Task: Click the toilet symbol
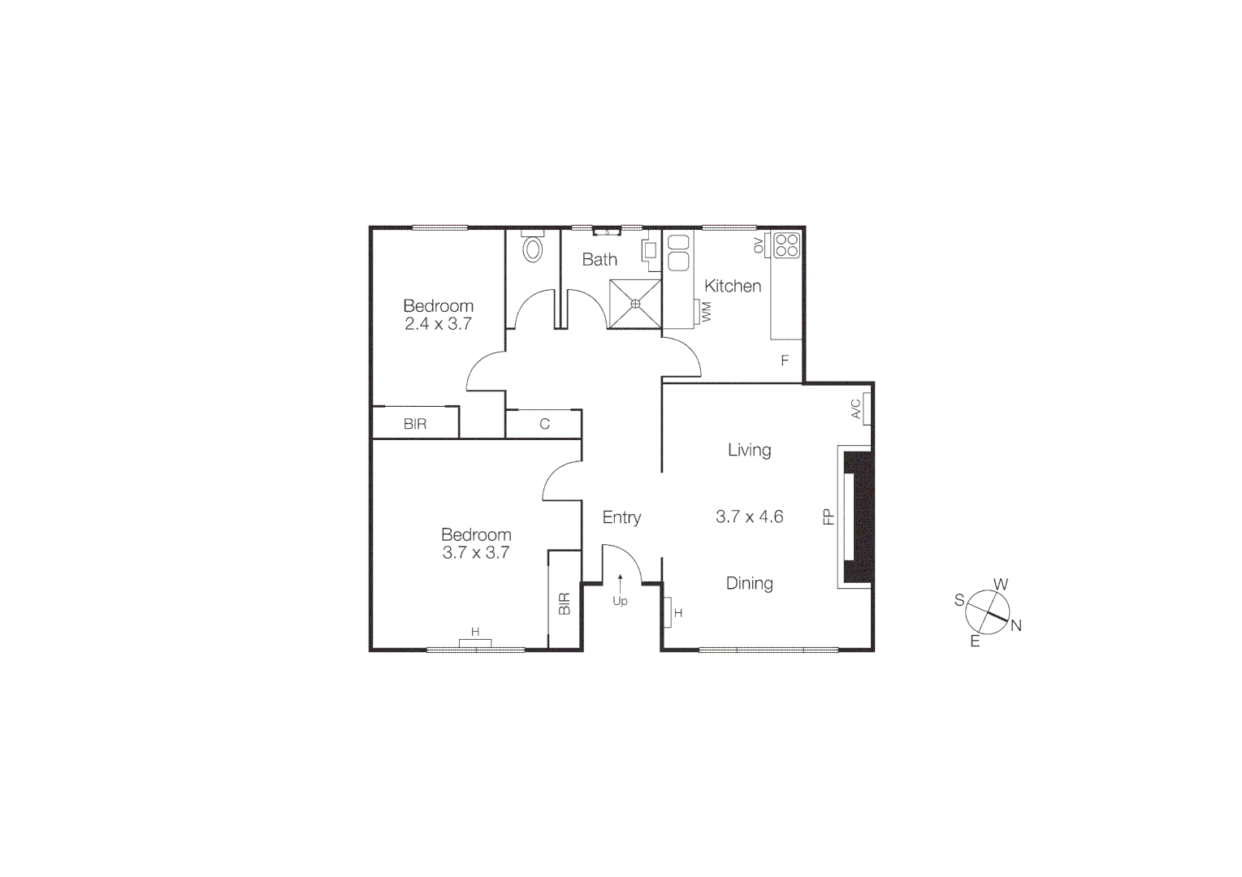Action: point(532,248)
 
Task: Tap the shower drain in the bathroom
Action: point(635,304)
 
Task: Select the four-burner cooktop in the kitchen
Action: point(786,245)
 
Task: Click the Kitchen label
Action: point(733,286)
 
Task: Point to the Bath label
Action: point(599,260)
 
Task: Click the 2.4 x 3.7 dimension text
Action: point(438,324)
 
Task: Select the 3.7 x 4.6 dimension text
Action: point(749,516)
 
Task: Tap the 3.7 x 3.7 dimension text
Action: point(475,553)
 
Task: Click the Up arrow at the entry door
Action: point(620,583)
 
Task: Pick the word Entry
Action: point(621,517)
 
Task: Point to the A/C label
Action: point(856,409)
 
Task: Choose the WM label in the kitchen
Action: point(706,311)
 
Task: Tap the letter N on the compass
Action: point(1015,625)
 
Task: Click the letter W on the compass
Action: point(1001,584)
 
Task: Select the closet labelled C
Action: point(544,424)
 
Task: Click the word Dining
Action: point(749,583)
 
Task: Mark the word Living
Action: point(749,450)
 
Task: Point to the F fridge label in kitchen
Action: point(785,361)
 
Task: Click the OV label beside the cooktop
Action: point(759,245)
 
